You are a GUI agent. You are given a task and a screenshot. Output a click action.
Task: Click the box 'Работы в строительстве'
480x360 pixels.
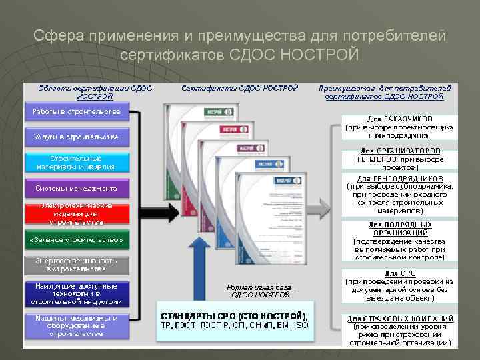click(77, 111)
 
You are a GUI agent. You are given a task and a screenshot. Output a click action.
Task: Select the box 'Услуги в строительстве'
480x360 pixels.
click(77, 137)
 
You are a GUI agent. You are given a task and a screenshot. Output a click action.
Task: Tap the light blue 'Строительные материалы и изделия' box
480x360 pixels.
click(77, 163)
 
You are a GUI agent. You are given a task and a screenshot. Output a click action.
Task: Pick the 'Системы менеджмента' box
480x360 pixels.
click(77, 188)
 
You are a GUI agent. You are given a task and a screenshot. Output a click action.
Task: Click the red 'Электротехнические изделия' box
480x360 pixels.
click(77, 213)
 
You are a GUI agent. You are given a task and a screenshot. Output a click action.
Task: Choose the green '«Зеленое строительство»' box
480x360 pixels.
click(77, 239)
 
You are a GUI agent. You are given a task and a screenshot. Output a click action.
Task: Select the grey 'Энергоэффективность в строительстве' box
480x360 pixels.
click(77, 265)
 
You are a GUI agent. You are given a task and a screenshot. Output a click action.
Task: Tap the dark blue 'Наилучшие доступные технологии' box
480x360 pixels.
click(77, 293)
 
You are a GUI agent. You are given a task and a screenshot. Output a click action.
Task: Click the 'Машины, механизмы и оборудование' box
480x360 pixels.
click(77, 326)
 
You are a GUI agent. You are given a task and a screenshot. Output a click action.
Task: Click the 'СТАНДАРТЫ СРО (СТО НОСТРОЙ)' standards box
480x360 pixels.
click(235, 320)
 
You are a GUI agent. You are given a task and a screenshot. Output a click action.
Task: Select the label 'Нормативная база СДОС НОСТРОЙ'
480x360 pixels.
click(260, 291)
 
